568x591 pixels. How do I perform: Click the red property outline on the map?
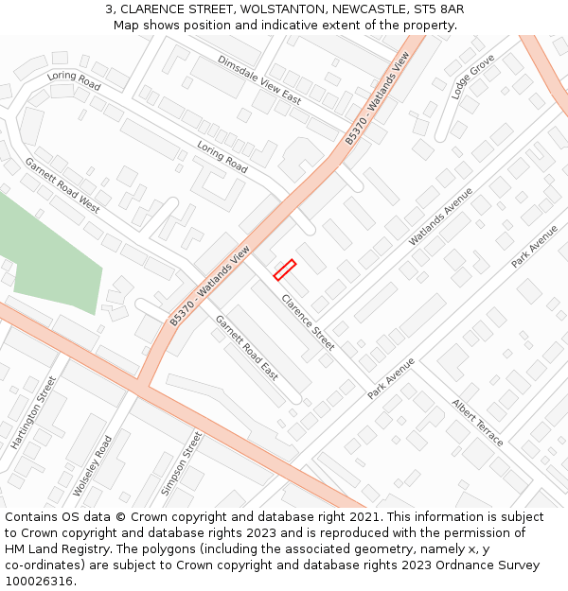point(285,270)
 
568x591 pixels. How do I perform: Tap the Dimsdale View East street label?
point(258,78)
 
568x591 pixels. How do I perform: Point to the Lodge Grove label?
point(472,77)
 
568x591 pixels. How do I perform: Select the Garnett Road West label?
point(62,184)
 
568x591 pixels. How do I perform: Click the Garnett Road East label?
point(246,347)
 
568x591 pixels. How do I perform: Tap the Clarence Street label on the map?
point(308,322)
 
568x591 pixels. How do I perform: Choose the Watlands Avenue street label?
point(440,216)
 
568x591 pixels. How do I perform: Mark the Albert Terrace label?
point(478,423)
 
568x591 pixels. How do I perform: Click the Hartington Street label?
point(33,412)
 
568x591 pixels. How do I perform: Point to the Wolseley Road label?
point(92,466)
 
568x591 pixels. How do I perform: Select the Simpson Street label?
point(181,463)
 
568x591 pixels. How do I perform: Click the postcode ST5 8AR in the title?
point(438,9)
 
